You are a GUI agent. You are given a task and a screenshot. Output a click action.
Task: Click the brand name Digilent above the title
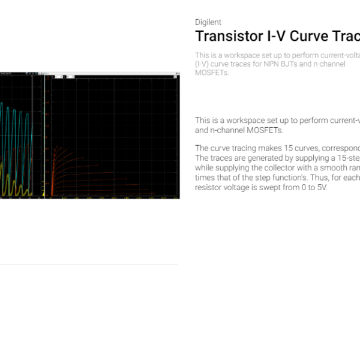(x=208, y=22)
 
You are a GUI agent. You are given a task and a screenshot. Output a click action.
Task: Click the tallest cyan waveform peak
(x=2, y=103)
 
